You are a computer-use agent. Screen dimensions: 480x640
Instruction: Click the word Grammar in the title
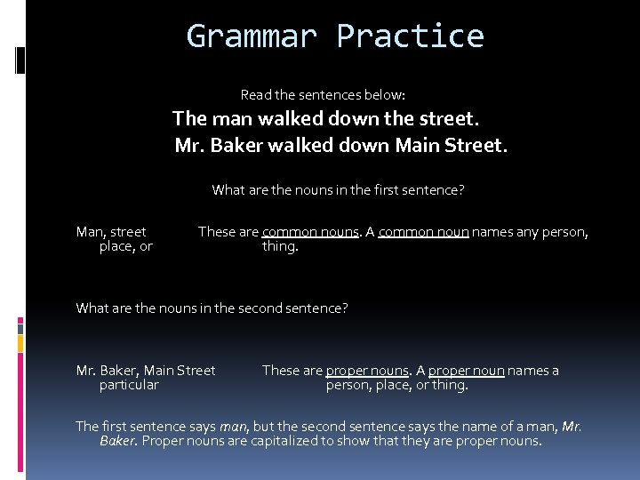point(251,36)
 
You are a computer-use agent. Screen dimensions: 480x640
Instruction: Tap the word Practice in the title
point(410,36)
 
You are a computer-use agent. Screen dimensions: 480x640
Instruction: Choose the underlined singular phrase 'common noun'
point(423,232)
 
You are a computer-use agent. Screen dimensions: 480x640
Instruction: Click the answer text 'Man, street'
point(111,232)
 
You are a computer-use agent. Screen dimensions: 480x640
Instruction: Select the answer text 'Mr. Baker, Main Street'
point(146,371)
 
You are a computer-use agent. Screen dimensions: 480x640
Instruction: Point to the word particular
point(129,385)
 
